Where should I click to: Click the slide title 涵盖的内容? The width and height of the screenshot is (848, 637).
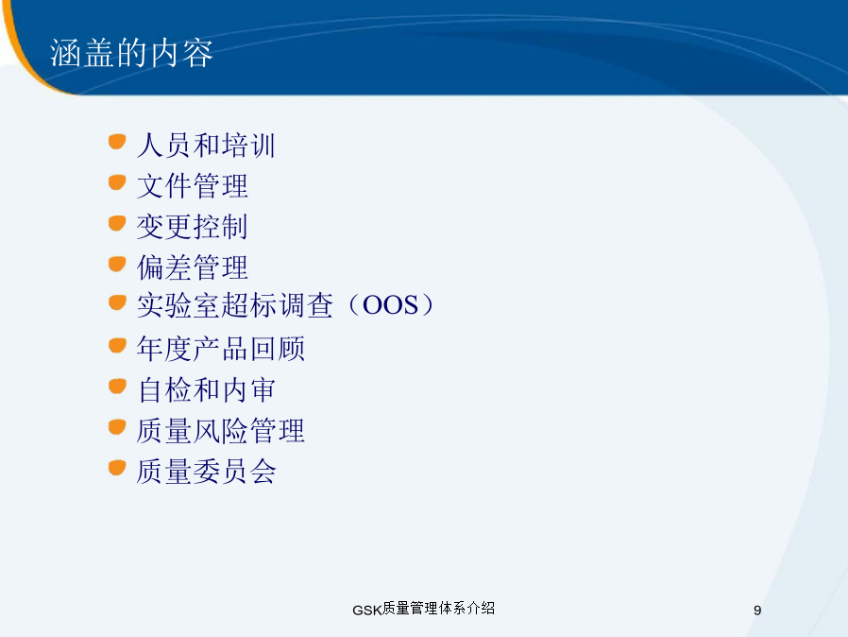coord(131,53)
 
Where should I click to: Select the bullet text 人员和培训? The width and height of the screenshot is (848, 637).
coord(206,146)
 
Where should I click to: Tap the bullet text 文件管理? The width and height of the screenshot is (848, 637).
coord(192,186)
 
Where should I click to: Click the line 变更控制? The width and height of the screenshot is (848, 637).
coord(192,227)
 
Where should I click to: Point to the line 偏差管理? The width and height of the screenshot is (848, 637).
coord(192,267)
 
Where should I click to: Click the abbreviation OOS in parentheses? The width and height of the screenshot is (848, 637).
coord(390,304)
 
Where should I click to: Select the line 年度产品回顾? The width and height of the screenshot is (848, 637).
coord(221,349)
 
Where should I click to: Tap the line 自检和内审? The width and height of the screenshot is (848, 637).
coord(206,389)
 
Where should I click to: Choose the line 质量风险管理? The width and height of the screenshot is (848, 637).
coord(221,431)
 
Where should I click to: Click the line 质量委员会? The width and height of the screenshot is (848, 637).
coord(206,471)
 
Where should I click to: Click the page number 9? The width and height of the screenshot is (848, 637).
coord(757,611)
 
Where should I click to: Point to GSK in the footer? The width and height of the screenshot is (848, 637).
coord(367,611)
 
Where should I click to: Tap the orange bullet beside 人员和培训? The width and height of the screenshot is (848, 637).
coord(117,142)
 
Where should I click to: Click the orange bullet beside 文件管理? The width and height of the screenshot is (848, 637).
coord(117,182)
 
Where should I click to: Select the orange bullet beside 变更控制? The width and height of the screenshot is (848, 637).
coord(117,223)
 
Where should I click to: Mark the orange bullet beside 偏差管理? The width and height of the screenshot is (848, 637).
coord(117,264)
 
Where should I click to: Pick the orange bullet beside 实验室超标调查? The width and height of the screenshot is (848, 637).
coord(117,302)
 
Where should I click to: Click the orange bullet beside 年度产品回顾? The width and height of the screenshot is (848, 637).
coord(117,345)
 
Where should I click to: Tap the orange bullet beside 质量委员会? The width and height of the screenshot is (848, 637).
coord(117,468)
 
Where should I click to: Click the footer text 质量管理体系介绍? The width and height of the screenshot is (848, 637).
coord(438,609)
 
